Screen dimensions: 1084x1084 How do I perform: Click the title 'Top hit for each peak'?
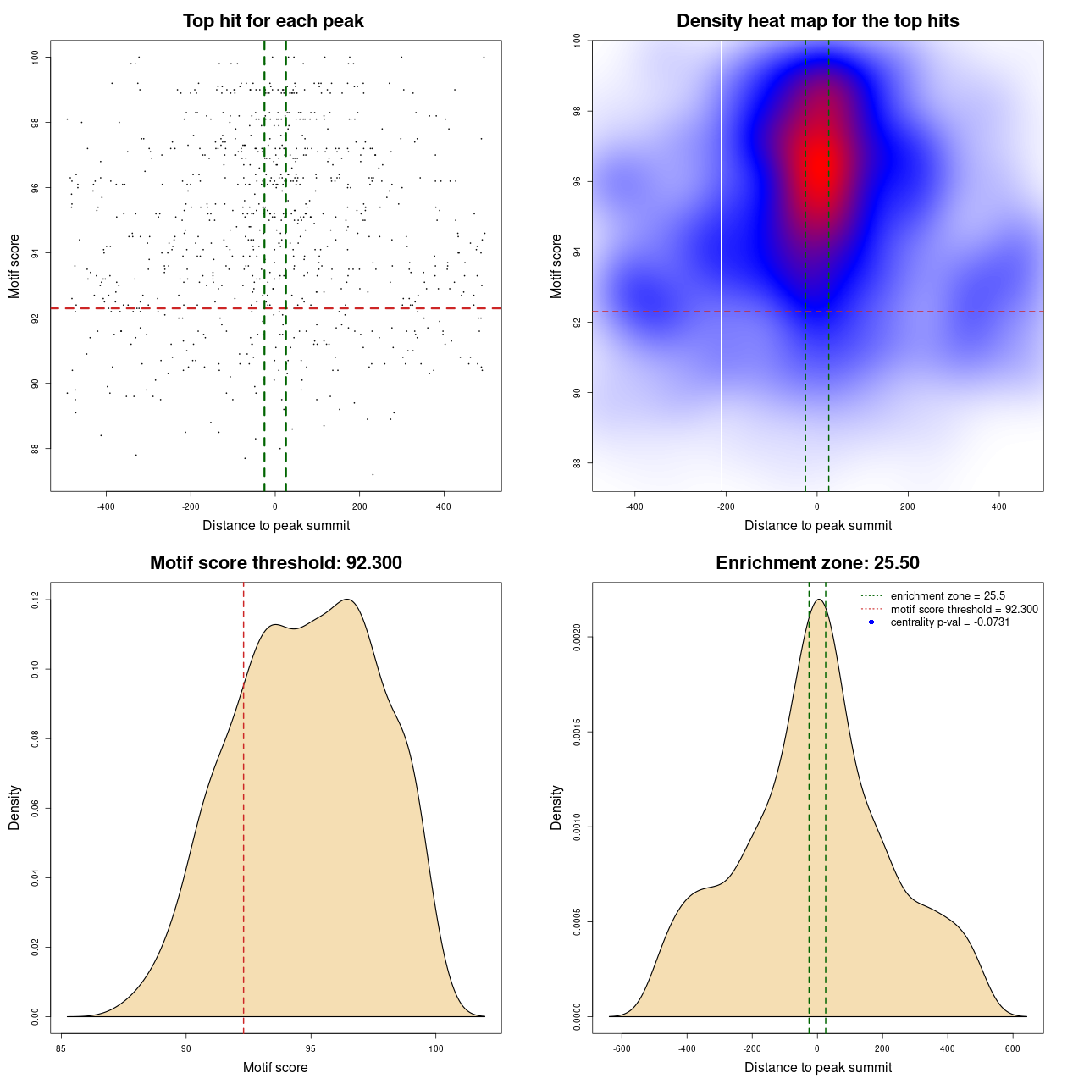tap(273, 21)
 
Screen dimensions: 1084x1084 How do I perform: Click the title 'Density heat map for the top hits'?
tap(817, 21)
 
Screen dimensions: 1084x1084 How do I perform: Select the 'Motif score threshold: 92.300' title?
tap(275, 563)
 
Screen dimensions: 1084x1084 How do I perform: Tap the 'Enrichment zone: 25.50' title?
tap(817, 563)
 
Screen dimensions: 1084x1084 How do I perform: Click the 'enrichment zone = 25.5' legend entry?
tap(948, 596)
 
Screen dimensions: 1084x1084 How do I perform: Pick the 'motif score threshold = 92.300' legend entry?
tap(964, 609)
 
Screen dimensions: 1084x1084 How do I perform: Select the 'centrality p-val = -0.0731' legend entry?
tap(950, 622)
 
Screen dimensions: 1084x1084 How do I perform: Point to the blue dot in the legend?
tap(871, 622)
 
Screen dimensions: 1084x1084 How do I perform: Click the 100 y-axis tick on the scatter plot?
tap(36, 57)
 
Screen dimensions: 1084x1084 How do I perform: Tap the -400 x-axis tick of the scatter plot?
tap(106, 506)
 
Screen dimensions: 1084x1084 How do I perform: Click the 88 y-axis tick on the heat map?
tap(577, 462)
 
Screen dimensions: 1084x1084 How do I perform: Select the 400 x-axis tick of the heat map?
tap(999, 506)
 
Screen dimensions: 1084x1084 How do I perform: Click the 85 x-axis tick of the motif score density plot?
tap(61, 1048)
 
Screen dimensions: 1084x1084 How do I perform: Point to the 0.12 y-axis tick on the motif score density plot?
tap(36, 600)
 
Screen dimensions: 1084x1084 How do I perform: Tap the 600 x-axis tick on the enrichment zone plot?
tap(1013, 1048)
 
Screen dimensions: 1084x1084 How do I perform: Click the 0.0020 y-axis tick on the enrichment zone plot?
tap(577, 637)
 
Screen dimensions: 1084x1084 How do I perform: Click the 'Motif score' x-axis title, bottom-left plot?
tap(275, 1067)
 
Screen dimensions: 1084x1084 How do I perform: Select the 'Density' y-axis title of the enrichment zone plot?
tap(556, 807)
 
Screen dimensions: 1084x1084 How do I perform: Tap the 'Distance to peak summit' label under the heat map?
tap(817, 525)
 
